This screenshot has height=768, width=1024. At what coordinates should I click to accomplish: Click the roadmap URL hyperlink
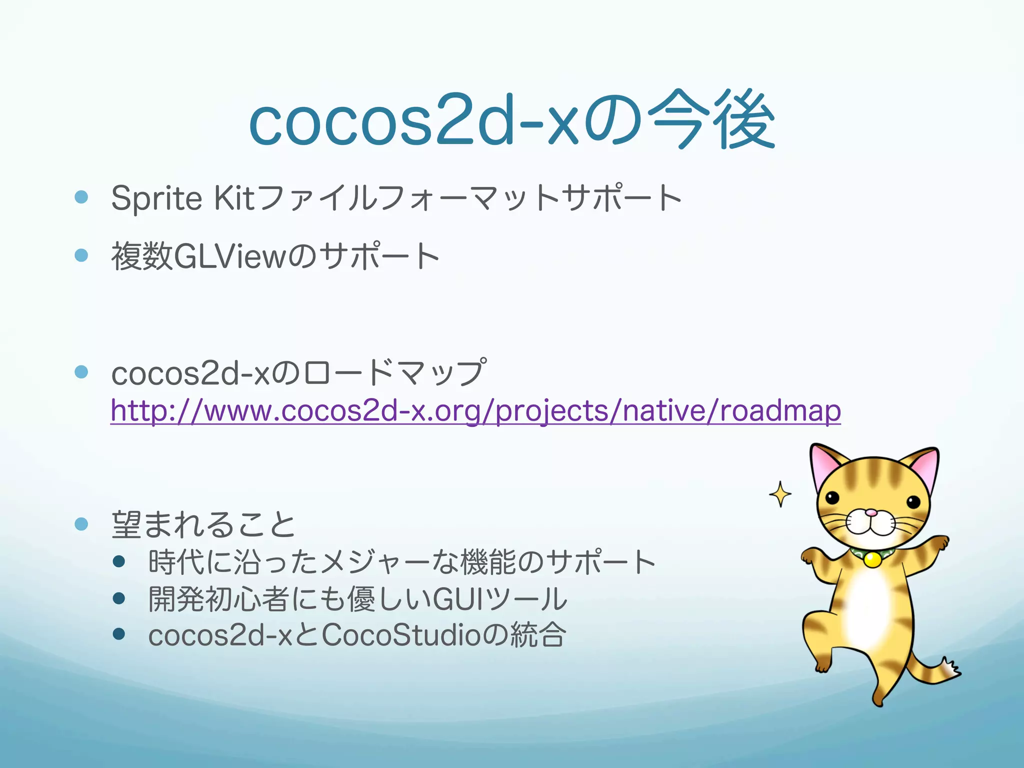pyautogui.click(x=475, y=411)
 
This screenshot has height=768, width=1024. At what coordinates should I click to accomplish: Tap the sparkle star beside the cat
pyautogui.click(x=780, y=494)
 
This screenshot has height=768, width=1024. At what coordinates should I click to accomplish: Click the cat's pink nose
pyautogui.click(x=871, y=512)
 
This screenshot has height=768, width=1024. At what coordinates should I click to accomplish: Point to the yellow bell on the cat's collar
pyautogui.click(x=872, y=559)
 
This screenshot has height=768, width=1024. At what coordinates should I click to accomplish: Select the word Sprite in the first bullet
pyautogui.click(x=156, y=198)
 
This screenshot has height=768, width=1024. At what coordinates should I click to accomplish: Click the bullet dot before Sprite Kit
pyautogui.click(x=81, y=196)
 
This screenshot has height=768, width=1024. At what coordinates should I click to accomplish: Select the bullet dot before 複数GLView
pyautogui.click(x=81, y=255)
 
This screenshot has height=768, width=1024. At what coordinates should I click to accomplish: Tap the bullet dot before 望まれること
pyautogui.click(x=81, y=523)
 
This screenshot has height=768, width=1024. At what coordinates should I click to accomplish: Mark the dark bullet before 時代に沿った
pyautogui.click(x=118, y=561)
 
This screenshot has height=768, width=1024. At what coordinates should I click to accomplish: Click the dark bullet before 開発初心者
pyautogui.click(x=118, y=598)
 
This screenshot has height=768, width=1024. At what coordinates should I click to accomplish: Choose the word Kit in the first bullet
pyautogui.click(x=234, y=198)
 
